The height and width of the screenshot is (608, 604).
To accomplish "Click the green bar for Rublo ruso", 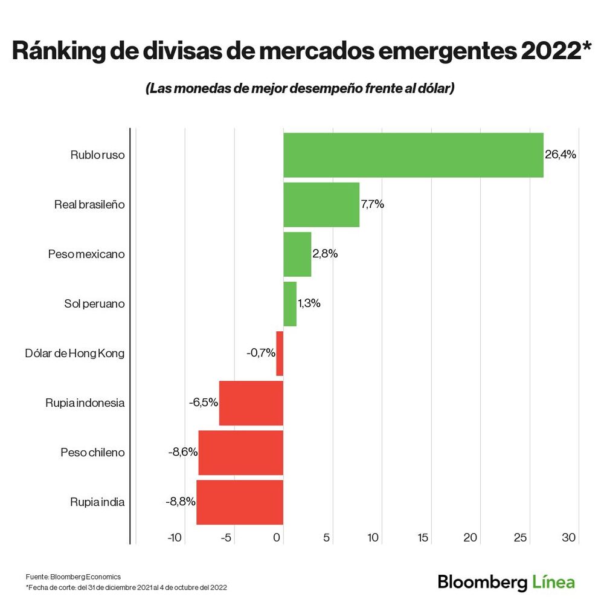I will pos(413,155).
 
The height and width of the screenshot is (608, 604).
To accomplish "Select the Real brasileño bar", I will pos(321,204).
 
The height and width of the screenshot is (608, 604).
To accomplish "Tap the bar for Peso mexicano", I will pos(297,254).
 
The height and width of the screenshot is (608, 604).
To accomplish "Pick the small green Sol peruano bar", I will pos(290,303).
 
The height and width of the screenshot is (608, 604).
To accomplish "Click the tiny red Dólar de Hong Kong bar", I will pos(280,353).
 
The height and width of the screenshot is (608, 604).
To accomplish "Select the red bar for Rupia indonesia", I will pos(251,403).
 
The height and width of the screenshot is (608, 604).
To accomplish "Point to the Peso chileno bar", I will pos(240,452).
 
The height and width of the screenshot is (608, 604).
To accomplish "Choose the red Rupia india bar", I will pos(239,502).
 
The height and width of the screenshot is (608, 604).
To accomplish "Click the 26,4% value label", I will pos(561,155).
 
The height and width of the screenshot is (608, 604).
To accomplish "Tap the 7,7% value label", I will pos(372,204).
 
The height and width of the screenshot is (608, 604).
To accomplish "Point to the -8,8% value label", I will pos(180,502).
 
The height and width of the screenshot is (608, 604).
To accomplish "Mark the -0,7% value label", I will pos(261,353).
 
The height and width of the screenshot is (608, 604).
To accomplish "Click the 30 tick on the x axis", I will pos(570,537).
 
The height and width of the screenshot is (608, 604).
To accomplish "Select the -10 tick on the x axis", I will pos(175,537).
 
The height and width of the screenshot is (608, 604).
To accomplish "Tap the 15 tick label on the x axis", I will pos(423,537).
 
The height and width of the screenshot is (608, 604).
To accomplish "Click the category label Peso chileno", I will pos(92,452).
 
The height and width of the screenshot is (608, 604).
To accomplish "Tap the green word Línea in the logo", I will pos(553,582).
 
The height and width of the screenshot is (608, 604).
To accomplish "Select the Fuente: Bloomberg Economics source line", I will pos(73,577).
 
